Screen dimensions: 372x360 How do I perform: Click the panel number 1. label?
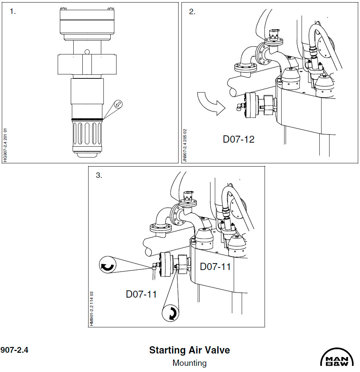pyautogui.click(x=13, y=11)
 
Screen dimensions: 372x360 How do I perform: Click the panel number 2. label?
pyautogui.click(x=192, y=11)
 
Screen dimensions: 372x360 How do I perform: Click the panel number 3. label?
pyautogui.click(x=99, y=175)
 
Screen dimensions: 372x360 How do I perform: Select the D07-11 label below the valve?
pyautogui.click(x=141, y=294)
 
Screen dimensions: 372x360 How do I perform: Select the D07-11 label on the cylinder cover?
pyautogui.click(x=215, y=266)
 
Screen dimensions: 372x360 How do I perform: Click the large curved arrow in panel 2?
pyautogui.click(x=211, y=103)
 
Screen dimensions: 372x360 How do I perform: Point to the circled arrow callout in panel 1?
pyautogui.click(x=118, y=104)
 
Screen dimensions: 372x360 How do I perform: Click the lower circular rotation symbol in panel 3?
pyautogui.click(x=171, y=313)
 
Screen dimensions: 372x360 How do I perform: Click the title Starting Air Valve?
pyautogui.click(x=189, y=350)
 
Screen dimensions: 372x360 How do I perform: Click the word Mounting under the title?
pyautogui.click(x=189, y=363)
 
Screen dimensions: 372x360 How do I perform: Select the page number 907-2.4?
pyautogui.click(x=15, y=350)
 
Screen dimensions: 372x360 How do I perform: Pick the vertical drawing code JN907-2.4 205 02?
pyautogui.click(x=185, y=145)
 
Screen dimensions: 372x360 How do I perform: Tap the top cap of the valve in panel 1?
pyautogui.click(x=87, y=22)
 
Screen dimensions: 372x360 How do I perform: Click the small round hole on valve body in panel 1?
pyautogui.click(x=87, y=51)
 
